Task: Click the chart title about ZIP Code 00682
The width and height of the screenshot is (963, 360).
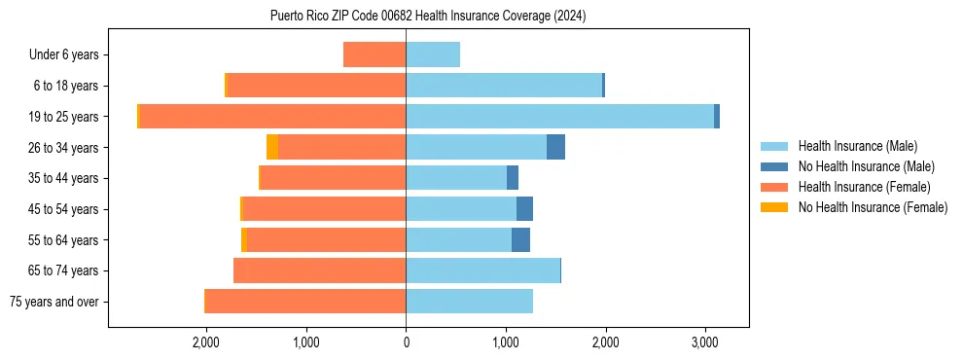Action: [x=428, y=17]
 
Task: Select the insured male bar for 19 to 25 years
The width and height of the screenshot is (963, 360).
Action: [x=559, y=117]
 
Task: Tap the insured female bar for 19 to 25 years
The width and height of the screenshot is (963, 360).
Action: [x=272, y=117]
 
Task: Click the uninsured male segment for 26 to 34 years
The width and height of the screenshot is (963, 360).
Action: [x=555, y=147]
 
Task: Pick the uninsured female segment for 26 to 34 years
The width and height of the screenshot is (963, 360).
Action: [x=272, y=147]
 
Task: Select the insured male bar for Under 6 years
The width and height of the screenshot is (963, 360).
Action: [x=433, y=55]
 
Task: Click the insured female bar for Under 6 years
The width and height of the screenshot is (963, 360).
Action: [x=374, y=55]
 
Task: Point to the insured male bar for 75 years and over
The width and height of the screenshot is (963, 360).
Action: [x=469, y=302]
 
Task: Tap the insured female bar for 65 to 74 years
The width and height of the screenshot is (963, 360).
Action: [x=319, y=270]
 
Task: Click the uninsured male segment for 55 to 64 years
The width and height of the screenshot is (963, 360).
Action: [x=520, y=239]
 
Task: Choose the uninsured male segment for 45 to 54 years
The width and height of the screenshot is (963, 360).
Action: [x=524, y=209]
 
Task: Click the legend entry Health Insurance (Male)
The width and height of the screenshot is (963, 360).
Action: [x=857, y=146]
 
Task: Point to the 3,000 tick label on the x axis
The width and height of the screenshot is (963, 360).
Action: [x=705, y=342]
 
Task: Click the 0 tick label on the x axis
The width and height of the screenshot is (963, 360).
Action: [x=406, y=342]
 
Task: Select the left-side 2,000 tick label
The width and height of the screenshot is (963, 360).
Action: [x=206, y=342]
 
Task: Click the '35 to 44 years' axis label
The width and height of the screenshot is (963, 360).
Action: [x=63, y=178]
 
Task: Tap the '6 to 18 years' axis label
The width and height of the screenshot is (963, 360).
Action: [x=66, y=86]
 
